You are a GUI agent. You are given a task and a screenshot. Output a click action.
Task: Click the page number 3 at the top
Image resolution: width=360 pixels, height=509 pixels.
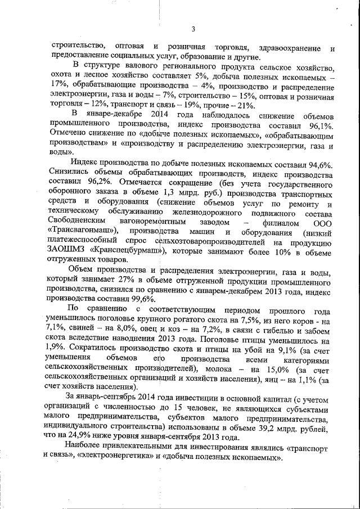coord(192,29)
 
